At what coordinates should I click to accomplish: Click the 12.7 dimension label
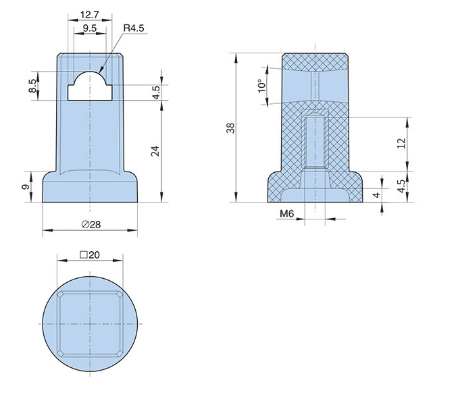click(x=90, y=15)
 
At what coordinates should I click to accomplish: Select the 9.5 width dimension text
click(x=90, y=28)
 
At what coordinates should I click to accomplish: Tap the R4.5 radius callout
click(x=134, y=28)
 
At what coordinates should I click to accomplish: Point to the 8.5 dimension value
click(x=32, y=86)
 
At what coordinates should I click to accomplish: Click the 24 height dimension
click(x=155, y=151)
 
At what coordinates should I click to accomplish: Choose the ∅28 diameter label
click(x=91, y=224)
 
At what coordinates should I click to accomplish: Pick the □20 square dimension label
click(x=90, y=255)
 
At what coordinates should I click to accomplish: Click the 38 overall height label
click(x=230, y=128)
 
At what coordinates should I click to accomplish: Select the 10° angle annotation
click(x=261, y=86)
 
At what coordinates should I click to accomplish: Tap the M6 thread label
click(x=286, y=213)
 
